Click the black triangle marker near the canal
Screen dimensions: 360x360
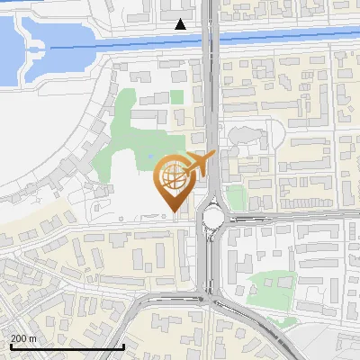181,24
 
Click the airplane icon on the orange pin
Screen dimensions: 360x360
199,164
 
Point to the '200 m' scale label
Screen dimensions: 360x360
23,338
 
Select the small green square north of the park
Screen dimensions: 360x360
177,96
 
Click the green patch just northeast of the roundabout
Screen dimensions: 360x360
235,197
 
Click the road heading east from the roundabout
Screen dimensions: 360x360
288,218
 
